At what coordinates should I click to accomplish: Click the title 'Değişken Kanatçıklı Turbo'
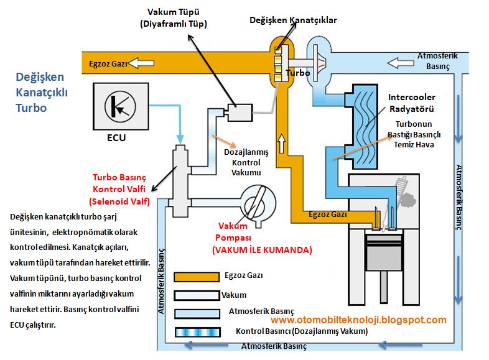pyautogui.click(x=42, y=92)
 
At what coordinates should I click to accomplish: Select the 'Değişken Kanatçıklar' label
pyautogui.click(x=293, y=21)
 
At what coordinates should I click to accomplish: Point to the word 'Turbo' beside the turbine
pyautogui.click(x=297, y=73)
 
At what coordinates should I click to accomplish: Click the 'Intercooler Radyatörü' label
pyautogui.click(x=411, y=103)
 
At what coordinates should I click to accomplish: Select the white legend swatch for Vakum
pyautogui.click(x=195, y=295)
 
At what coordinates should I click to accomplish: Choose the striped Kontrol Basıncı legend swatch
pyautogui.click(x=195, y=331)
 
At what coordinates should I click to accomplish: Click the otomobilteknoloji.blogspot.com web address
pyautogui.click(x=359, y=320)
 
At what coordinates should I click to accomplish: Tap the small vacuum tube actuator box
pyautogui.click(x=238, y=113)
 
